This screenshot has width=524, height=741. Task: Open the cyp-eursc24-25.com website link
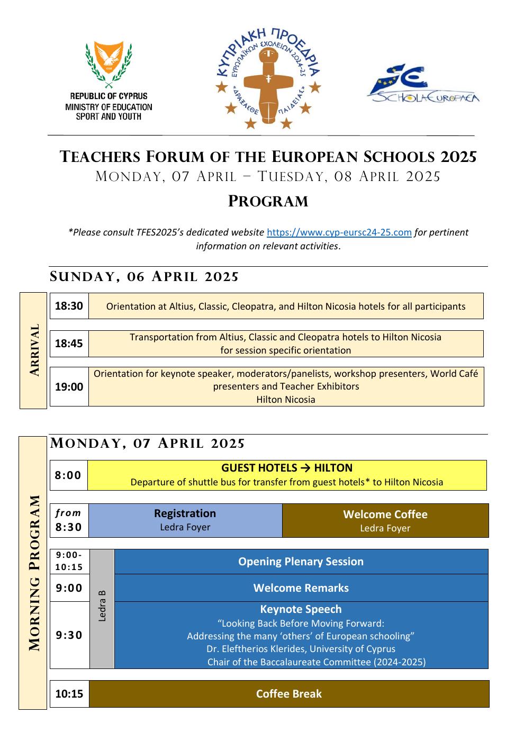tap(339, 232)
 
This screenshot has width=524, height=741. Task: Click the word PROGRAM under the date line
tap(268, 202)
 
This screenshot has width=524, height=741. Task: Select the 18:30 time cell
tap(69, 306)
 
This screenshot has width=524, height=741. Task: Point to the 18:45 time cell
tap(69, 344)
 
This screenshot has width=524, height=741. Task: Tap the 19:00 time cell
tap(69, 387)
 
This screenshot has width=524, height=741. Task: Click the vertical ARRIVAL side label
tap(34, 350)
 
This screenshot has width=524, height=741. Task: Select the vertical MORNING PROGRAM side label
tap(33, 573)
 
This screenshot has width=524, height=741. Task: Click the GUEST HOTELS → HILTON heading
tap(287, 468)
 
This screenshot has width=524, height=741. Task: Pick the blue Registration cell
tap(185, 520)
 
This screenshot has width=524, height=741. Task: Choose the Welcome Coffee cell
tap(385, 520)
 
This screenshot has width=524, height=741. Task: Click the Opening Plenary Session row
tap(301, 562)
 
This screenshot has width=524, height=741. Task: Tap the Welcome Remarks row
tap(301, 588)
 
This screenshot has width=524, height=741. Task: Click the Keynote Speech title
tap(301, 609)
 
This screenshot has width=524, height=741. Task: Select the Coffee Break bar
tap(289, 694)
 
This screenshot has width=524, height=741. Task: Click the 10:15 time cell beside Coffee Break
tap(69, 694)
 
